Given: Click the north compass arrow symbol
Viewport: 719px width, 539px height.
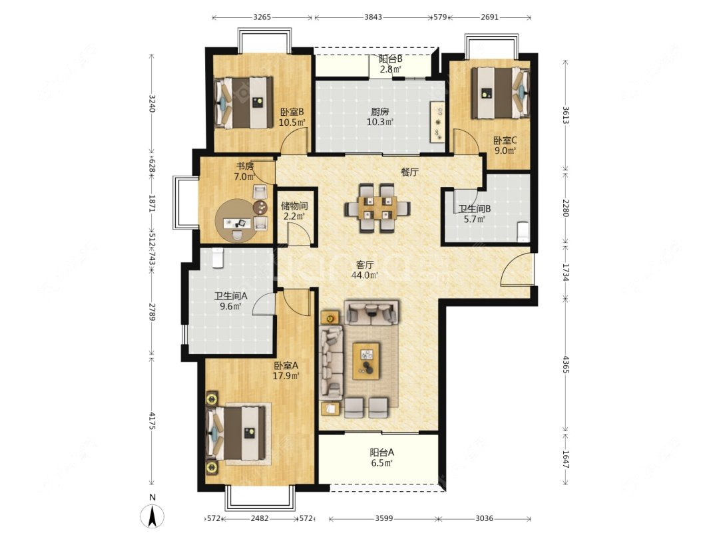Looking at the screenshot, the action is (153, 515).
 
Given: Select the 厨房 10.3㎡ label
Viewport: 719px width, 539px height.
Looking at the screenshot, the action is (380, 116).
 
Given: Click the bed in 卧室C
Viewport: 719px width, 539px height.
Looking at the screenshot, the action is (500, 93).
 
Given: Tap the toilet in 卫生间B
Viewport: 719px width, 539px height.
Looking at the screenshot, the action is (523, 232).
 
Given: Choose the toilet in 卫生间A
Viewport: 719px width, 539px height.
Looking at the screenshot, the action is (217, 258).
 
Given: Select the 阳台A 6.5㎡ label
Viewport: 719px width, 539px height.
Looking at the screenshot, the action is (381, 457).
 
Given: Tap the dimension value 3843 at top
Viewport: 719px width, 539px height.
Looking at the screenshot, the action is (373, 17).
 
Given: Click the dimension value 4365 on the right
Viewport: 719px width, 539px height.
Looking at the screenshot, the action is (566, 364).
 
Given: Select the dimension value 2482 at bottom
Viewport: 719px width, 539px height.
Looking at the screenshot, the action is (260, 518).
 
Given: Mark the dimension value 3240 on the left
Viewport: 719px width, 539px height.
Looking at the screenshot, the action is (152, 104).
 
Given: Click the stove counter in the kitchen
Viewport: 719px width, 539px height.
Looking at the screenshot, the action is (437, 122).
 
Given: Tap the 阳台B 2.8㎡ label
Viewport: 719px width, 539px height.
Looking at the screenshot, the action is (390, 64).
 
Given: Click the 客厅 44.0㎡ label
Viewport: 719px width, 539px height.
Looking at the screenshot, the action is (365, 270).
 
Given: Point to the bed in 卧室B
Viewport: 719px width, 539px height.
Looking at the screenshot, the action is (244, 102).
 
